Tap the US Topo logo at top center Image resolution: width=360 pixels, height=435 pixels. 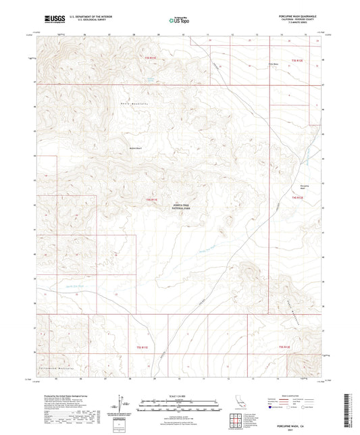pos(179,21)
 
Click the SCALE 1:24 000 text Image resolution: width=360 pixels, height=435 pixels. pos(180,395)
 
